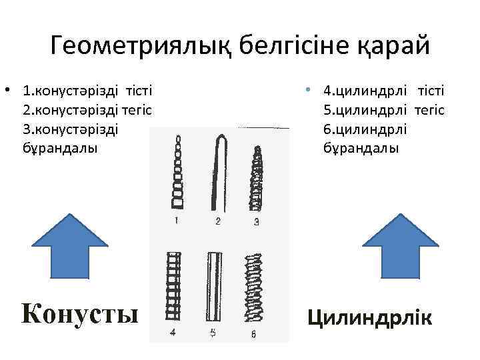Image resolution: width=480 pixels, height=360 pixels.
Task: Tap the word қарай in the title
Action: click(x=395, y=47)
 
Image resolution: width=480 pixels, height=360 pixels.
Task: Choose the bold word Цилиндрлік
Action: click(x=369, y=316)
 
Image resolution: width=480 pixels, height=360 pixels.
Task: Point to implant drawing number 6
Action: click(x=253, y=285)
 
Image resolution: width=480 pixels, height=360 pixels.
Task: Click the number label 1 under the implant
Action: click(x=177, y=221)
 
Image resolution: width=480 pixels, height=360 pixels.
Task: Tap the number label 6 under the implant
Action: click(x=253, y=335)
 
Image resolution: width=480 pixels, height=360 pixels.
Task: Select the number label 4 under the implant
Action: click(x=173, y=333)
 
